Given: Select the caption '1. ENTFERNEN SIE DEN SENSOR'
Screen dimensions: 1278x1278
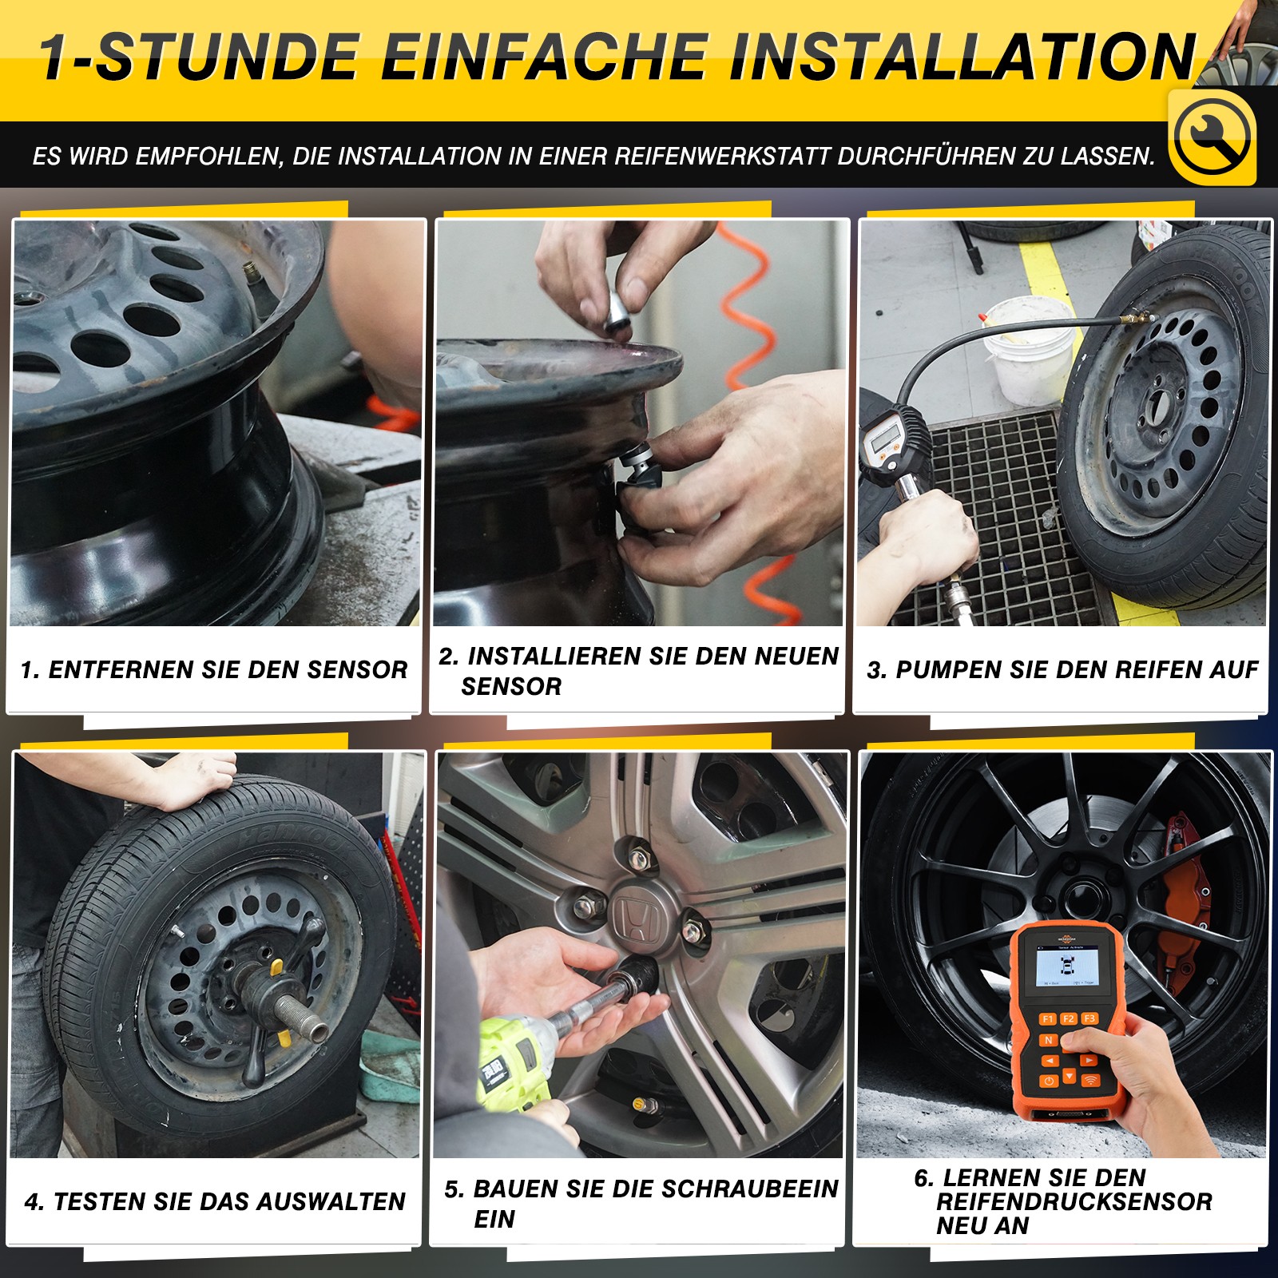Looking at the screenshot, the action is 214,669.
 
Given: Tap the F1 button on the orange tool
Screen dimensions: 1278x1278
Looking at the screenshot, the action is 1047,1018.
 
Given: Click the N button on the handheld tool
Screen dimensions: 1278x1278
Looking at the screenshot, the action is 1049,1040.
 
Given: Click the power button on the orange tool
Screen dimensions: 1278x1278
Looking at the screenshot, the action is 1049,1081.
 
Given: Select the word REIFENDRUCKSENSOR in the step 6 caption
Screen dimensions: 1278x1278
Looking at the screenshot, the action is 1074,1201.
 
